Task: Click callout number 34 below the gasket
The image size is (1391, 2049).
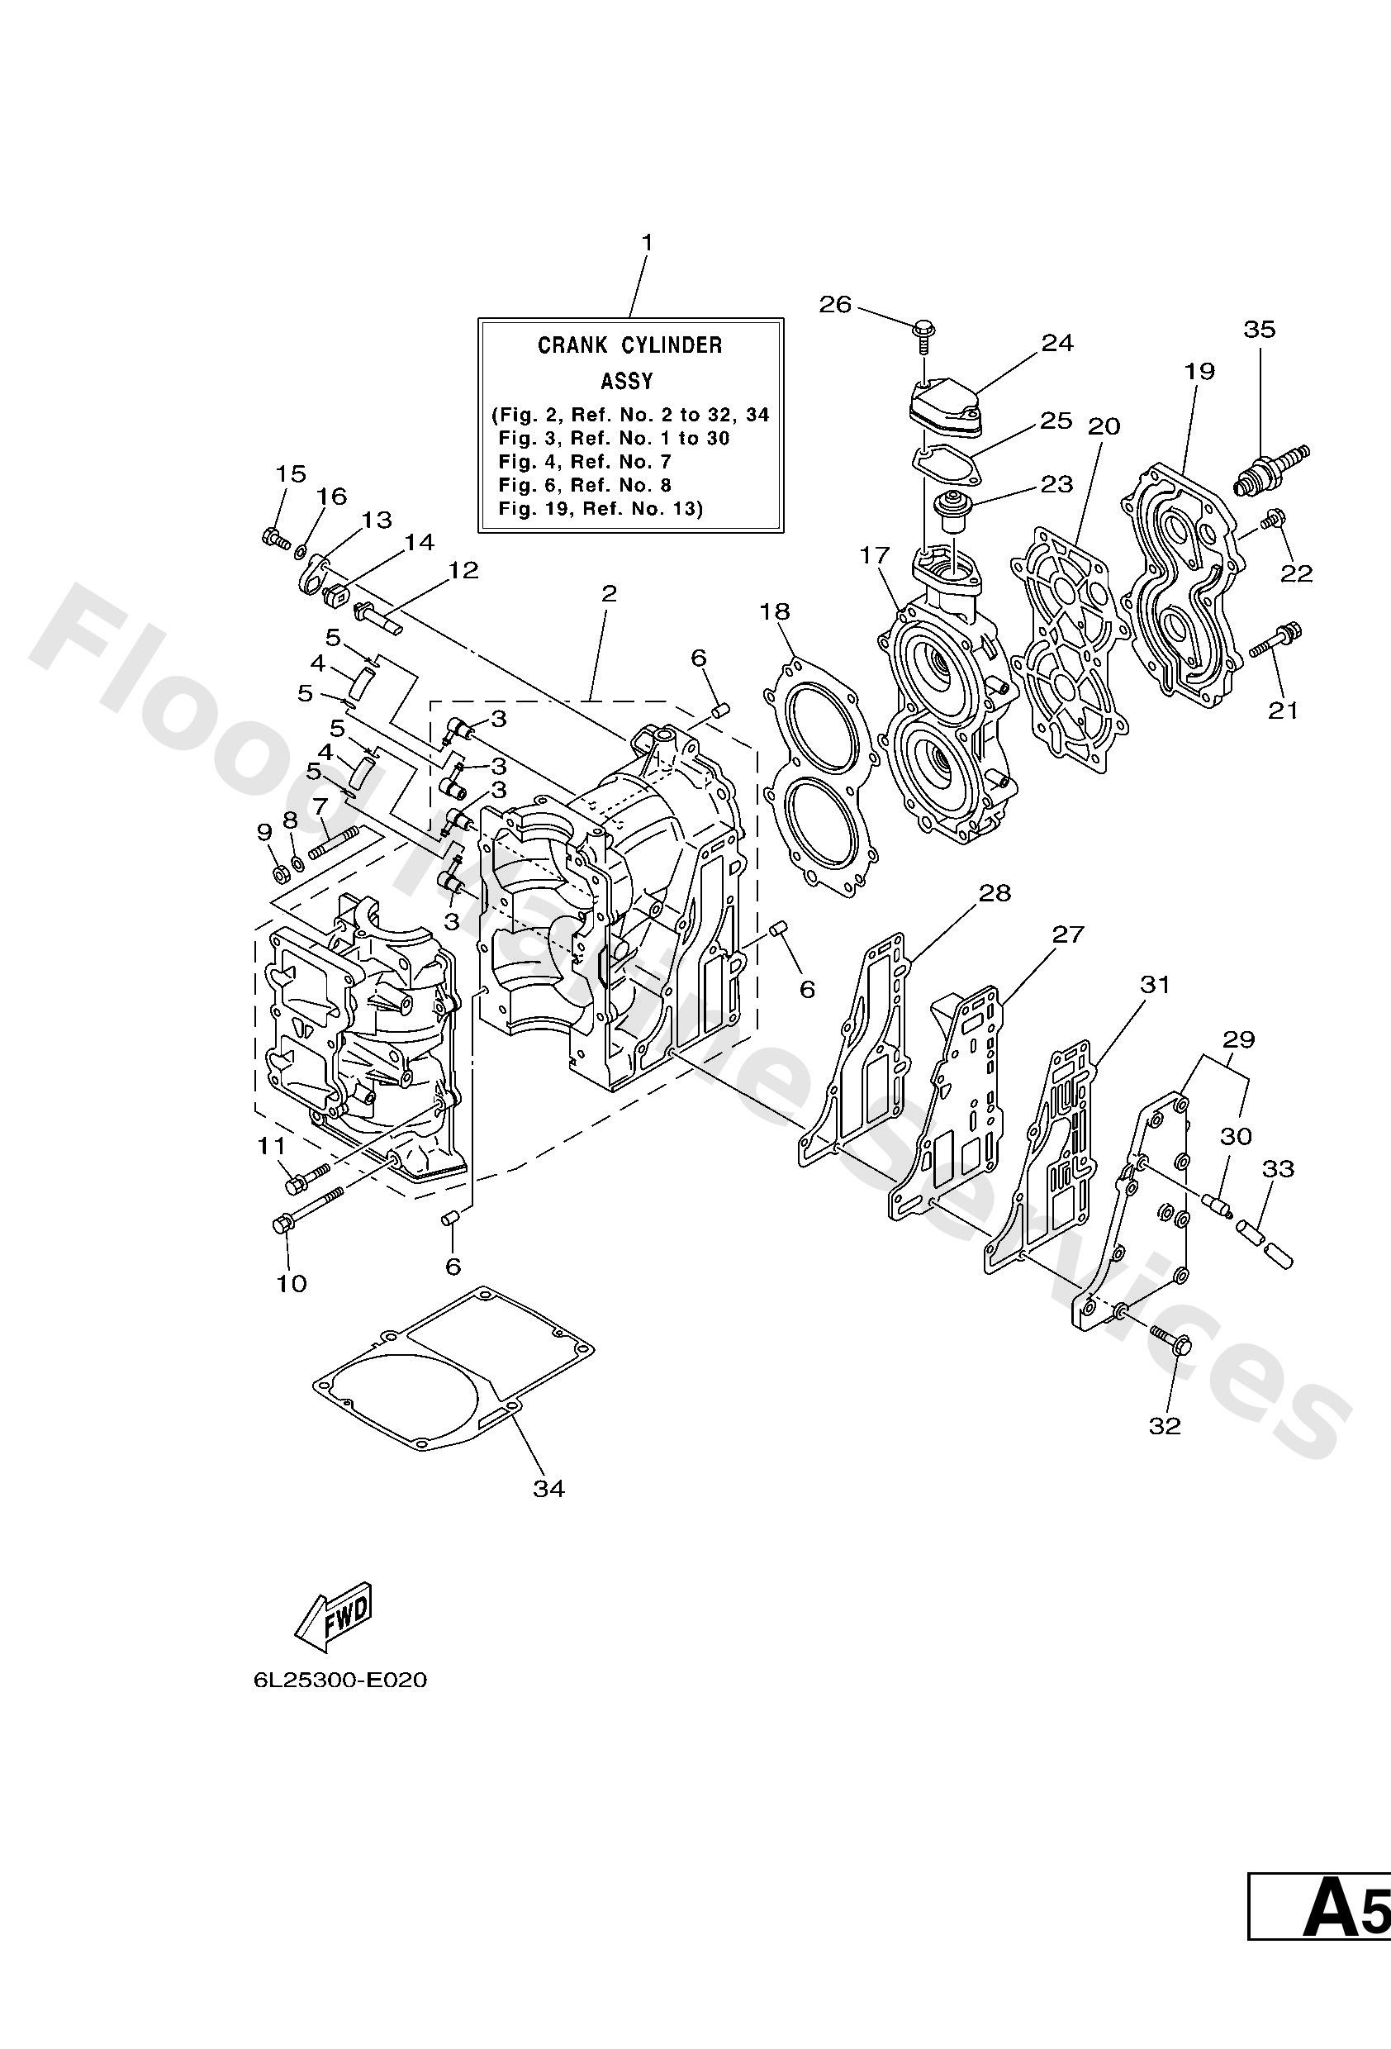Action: coord(548,1488)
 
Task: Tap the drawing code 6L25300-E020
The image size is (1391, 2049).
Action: coord(340,1681)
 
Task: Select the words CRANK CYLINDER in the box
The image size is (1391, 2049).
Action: coord(629,345)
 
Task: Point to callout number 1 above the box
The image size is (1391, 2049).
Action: coord(647,241)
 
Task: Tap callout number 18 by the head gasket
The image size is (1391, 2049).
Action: coord(776,611)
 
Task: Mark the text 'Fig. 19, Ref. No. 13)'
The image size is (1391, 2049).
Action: coord(601,509)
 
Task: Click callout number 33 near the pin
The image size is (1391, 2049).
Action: coord(1278,1169)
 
